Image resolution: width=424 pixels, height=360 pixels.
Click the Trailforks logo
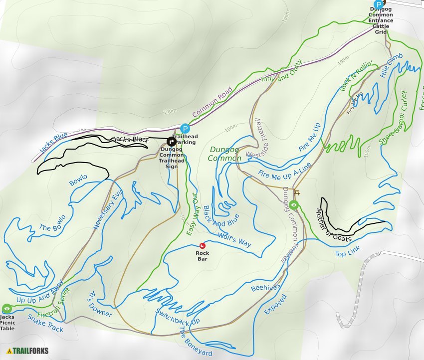pyautogui.click(x=28, y=351)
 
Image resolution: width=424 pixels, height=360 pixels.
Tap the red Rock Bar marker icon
pyautogui.click(x=202, y=245)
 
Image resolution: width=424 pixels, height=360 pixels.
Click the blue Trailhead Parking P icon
pyautogui.click(x=185, y=128)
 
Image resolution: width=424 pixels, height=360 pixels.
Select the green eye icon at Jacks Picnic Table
pyautogui.click(x=6, y=309)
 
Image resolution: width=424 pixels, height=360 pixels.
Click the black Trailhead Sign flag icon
pyautogui.click(x=171, y=142)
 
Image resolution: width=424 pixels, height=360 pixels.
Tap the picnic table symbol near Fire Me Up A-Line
pyautogui.click(x=298, y=193)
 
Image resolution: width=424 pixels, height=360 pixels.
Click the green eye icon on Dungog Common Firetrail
pyautogui.click(x=294, y=204)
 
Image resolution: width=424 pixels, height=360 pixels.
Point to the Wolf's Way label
pyautogui.click(x=234, y=239)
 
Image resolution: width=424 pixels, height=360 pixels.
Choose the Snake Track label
pyautogui.click(x=45, y=323)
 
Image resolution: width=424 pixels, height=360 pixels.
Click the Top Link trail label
pyautogui.click(x=348, y=254)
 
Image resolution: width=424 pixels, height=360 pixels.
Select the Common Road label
pyautogui.click(x=212, y=102)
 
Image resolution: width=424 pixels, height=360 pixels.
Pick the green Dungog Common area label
pyautogui.click(x=225, y=154)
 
